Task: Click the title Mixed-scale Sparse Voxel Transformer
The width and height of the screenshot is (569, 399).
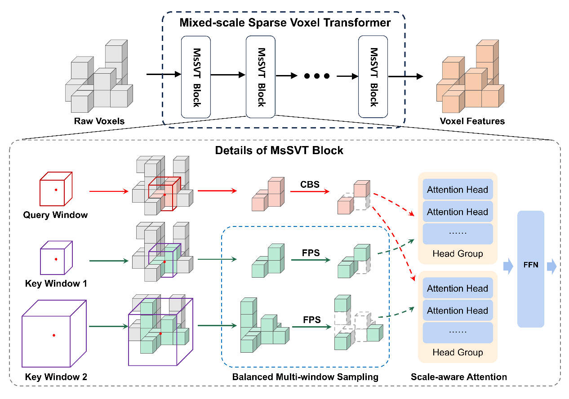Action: (x=285, y=22)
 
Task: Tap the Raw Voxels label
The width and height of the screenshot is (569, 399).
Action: (x=99, y=121)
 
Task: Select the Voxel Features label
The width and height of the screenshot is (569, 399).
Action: (x=472, y=121)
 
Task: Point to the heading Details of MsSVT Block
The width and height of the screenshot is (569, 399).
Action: (x=279, y=150)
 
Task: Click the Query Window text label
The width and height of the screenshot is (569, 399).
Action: (x=55, y=215)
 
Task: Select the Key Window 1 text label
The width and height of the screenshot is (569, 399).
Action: (x=56, y=284)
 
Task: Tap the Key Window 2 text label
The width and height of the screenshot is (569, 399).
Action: (x=56, y=377)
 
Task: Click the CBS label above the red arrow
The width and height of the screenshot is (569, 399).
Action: (x=310, y=184)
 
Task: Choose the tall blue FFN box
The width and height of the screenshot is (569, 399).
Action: (x=530, y=269)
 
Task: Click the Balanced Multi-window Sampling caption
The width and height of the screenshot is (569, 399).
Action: (x=305, y=377)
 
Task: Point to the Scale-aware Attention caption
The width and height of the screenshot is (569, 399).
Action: (x=458, y=377)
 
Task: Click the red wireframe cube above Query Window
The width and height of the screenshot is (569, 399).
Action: (x=56, y=190)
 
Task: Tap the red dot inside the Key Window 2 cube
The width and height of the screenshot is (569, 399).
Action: (x=53, y=335)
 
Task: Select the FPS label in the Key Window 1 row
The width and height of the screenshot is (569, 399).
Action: (x=311, y=253)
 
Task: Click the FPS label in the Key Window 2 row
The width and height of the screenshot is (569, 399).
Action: (x=311, y=319)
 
